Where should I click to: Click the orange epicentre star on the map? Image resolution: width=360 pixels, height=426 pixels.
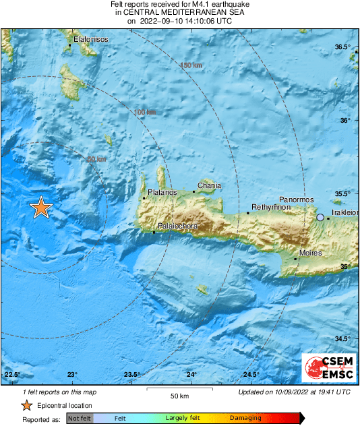pos(41,208)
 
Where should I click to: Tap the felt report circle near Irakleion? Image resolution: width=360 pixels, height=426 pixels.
pos(321,217)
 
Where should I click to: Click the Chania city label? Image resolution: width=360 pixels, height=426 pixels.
pos(209,185)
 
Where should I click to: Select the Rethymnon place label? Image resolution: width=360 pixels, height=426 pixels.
pos(270,207)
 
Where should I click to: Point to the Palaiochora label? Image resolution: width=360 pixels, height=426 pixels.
pos(177,226)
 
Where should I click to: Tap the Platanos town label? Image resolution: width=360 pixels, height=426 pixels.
pos(162,193)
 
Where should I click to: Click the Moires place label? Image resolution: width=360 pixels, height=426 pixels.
pos(311,253)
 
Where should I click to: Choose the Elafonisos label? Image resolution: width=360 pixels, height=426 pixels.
pos(90,39)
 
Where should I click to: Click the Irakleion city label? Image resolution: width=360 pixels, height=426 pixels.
pos(344,213)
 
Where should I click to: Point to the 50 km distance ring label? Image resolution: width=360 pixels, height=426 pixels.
pos(96,160)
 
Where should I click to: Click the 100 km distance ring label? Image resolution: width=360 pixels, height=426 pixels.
pos(145,112)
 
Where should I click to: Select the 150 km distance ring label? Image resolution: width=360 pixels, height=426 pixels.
pos(191,65)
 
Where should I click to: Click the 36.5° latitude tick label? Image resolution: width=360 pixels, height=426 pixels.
pos(344,47)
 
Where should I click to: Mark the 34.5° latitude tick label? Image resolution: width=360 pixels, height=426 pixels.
pos(344,339)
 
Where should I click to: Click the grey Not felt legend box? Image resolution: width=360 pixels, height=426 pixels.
pos(80,419)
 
